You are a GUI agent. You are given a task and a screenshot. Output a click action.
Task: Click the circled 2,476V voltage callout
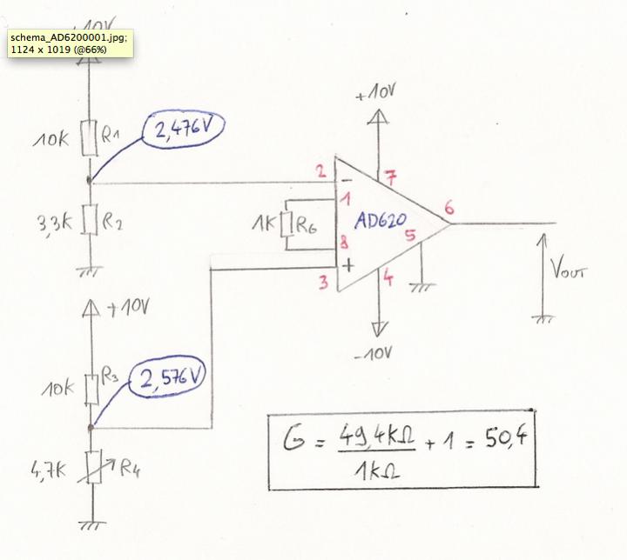(187, 132)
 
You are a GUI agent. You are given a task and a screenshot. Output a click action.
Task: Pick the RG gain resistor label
(306, 225)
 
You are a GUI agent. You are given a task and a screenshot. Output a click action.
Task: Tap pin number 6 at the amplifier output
(448, 209)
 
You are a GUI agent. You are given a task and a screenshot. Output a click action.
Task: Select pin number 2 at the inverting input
(320, 171)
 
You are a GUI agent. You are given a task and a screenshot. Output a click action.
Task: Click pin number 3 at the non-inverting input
(321, 282)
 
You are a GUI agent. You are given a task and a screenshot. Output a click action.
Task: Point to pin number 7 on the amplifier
(391, 180)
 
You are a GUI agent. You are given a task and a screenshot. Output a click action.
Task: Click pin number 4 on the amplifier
(388, 280)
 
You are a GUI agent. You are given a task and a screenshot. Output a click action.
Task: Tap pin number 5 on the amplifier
(409, 235)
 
